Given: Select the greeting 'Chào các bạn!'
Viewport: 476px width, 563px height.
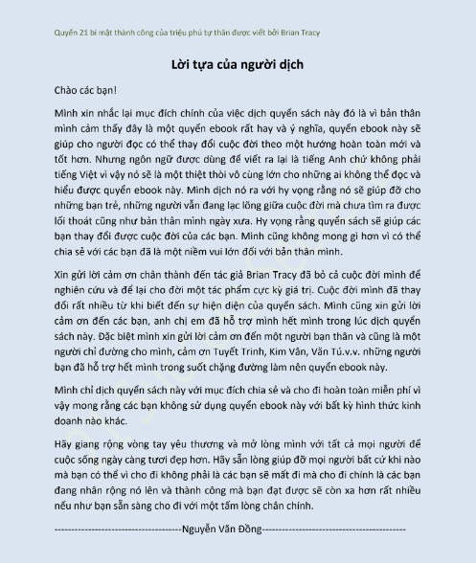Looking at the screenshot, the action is (x=85, y=92).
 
